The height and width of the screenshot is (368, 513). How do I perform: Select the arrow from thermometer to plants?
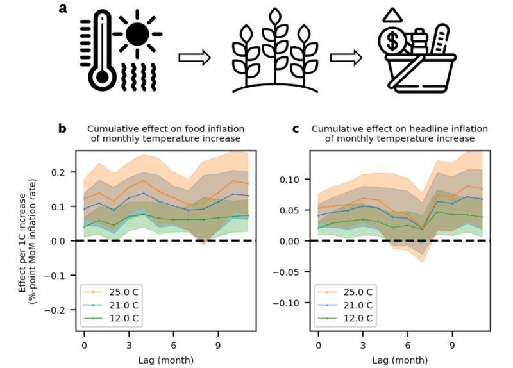[194, 58]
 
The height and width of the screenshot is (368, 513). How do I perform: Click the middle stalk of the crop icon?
[274, 48]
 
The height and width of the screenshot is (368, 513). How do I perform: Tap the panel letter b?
[62, 129]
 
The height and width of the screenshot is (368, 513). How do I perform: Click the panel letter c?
[296, 129]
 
